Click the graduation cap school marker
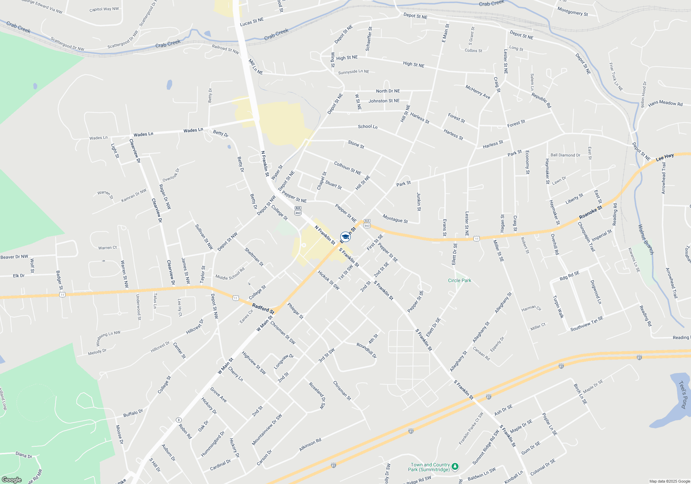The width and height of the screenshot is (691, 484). tap(345, 236)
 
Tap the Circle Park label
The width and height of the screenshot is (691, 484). tap(460, 280)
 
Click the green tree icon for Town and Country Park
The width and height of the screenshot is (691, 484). tap(455, 467)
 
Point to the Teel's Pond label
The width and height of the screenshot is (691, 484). tap(683, 395)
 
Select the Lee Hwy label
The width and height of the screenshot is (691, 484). tap(665, 157)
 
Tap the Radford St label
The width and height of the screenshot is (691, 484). tap(263, 309)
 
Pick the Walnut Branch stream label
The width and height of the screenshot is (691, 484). tap(645, 240)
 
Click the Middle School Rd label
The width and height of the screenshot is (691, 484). tap(230, 273)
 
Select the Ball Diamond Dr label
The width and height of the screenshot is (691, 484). tap(565, 155)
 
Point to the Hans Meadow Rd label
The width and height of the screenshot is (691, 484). tap(665, 103)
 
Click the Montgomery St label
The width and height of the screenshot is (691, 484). tap(572, 11)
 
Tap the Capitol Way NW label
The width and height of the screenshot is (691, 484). tap(104, 9)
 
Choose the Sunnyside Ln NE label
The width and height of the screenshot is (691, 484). tap(353, 72)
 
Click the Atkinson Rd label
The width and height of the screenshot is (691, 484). tap(310, 445)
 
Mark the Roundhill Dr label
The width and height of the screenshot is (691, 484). tap(367, 350)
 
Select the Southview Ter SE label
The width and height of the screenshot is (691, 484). tap(587, 324)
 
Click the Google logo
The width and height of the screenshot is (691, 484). tap(12, 480)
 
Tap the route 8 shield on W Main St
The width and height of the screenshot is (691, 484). tap(179, 420)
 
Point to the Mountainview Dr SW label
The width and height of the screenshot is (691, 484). tap(267, 429)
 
